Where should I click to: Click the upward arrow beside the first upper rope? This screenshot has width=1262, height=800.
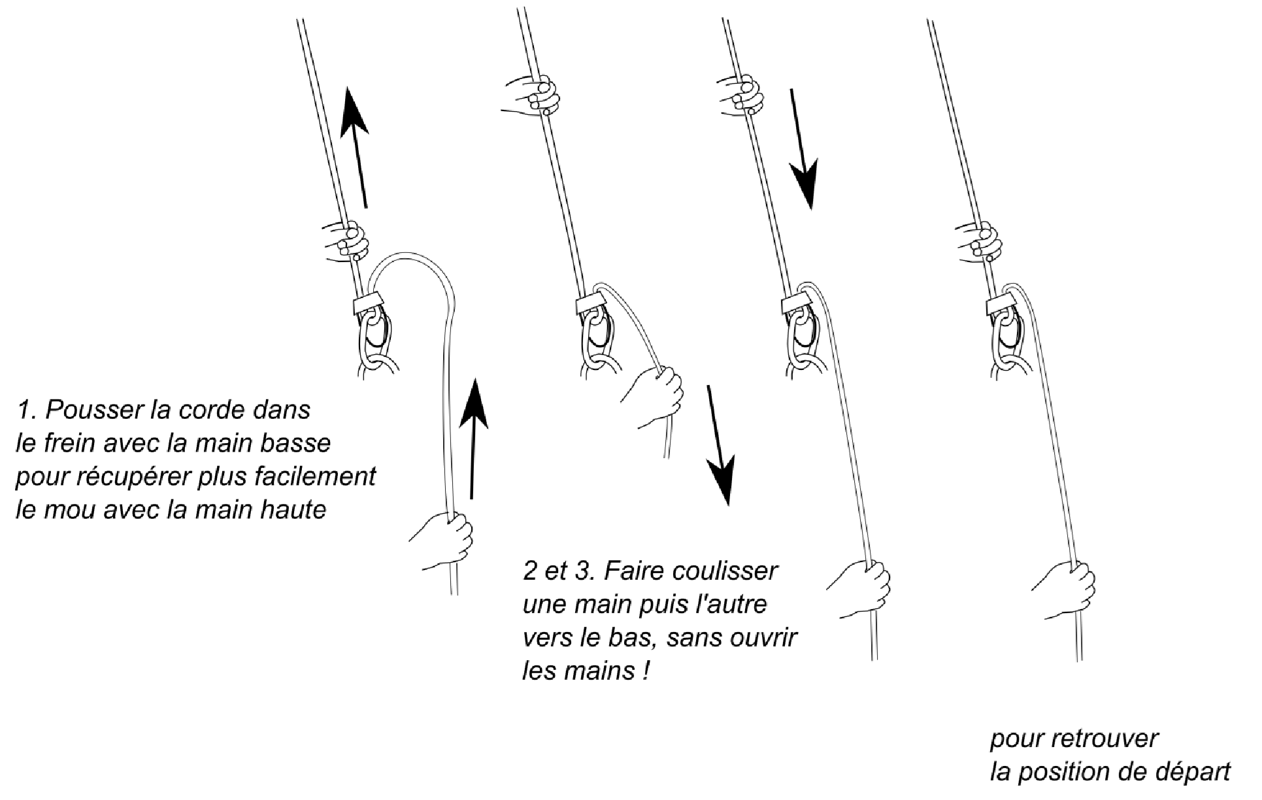pyautogui.click(x=356, y=148)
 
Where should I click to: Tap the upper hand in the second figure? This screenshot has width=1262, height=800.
pyautogui.click(x=533, y=97)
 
